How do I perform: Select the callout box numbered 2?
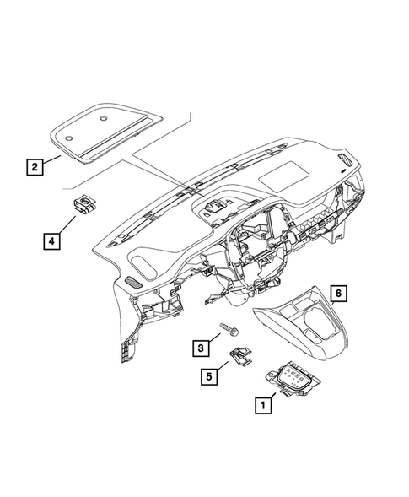point(35,167)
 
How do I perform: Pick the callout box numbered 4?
point(51,241)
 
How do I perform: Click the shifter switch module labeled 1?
point(294,380)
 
